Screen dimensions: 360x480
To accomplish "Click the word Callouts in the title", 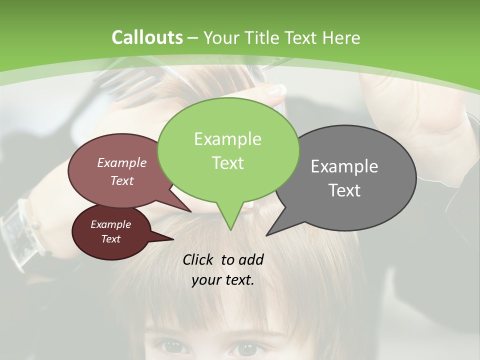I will [147, 37].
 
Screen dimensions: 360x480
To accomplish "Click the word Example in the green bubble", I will [227, 139].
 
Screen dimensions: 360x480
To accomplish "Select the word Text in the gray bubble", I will [344, 190].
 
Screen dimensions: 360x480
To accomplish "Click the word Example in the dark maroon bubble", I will [110, 224].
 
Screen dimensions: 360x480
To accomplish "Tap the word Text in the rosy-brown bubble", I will [122, 181].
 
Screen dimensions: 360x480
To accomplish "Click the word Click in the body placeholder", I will [198, 259].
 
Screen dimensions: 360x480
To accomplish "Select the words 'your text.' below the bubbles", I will [223, 280].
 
